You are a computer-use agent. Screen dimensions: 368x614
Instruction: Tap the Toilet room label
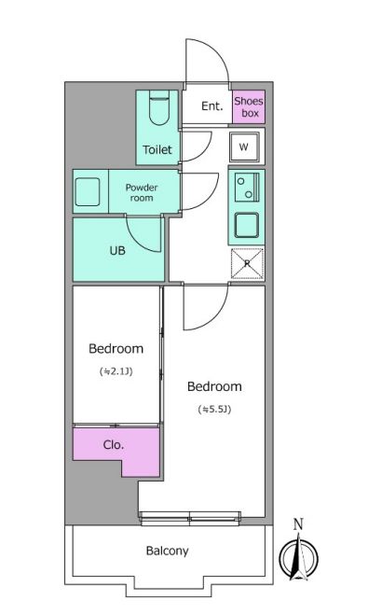coord(157,149)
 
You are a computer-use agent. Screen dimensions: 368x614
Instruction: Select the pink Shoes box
coord(249,107)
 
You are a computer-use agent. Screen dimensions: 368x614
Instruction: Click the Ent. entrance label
coord(212,105)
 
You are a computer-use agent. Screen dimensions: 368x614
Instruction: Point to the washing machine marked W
coord(244,147)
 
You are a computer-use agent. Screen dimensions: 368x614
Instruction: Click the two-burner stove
coord(247,188)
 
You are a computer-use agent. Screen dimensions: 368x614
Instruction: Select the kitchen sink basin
coord(246,226)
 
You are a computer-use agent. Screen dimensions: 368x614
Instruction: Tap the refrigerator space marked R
coord(247,263)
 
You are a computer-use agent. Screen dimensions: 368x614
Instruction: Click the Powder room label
coord(142,192)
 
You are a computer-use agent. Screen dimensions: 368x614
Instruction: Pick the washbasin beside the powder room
coord(88,192)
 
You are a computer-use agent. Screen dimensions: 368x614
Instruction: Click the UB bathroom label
coord(117,250)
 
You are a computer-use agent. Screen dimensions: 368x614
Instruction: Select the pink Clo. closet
coord(116,452)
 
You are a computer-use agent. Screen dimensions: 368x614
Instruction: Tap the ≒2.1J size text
coord(116,371)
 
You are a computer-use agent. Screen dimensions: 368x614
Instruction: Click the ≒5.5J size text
coord(214,410)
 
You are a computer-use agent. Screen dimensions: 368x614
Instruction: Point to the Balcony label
coord(168,551)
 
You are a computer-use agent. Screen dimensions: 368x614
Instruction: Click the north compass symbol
coord(298,558)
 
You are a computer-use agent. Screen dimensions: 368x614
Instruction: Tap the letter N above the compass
coord(298,523)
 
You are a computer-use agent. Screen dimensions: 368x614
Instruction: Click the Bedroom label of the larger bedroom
coord(214,386)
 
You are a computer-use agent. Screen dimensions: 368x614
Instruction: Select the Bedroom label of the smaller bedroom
coord(116,348)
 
